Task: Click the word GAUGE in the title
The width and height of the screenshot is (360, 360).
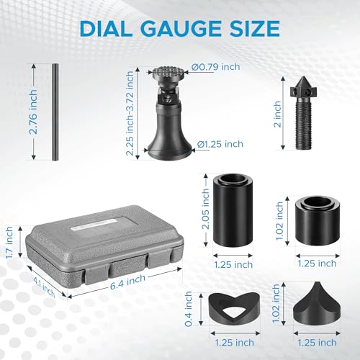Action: [x=184, y=28]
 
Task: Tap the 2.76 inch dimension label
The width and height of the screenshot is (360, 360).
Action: [x=32, y=112]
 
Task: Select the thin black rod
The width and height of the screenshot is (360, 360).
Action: [x=55, y=112]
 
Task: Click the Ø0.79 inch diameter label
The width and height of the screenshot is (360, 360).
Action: [x=216, y=67]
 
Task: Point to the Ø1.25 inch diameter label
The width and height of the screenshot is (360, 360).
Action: [x=220, y=144]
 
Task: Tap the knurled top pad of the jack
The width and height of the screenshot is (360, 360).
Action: [x=168, y=73]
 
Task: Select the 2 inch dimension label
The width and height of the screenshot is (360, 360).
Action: [x=277, y=114]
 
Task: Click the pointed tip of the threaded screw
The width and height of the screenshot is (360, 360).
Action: [x=302, y=76]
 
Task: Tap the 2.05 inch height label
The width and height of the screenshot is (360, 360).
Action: [x=205, y=209]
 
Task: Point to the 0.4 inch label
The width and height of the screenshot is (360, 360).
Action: [x=189, y=309]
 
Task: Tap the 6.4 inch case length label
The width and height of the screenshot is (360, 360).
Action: [x=127, y=282]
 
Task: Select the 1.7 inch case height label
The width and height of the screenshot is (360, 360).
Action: [x=9, y=243]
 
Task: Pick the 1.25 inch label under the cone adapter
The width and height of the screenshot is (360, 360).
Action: [x=317, y=343]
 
